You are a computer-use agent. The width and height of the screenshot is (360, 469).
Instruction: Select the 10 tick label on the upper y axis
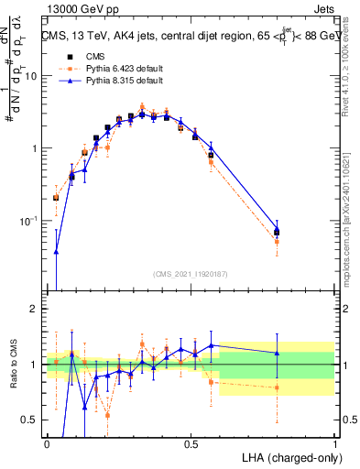pyautogui.click(x=30, y=76)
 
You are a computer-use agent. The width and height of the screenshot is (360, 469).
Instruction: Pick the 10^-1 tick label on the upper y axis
pyautogui.click(x=28, y=221)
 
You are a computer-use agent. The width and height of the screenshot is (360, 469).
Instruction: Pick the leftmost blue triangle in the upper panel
pyautogui.click(x=56, y=252)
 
